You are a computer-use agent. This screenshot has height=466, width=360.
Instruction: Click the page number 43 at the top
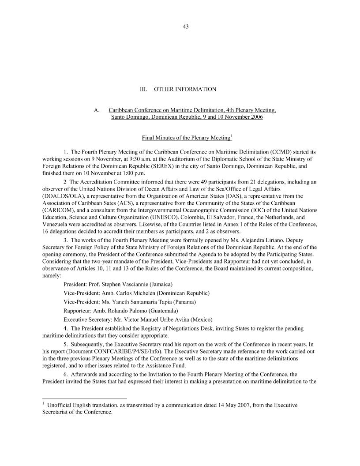[x=185, y=26]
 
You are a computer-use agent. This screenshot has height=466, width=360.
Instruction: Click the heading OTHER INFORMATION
[x=185, y=89]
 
